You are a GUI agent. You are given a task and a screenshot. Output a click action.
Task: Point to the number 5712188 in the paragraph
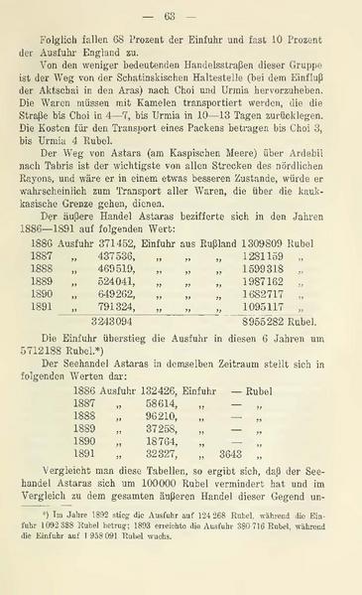(x=51, y=353)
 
